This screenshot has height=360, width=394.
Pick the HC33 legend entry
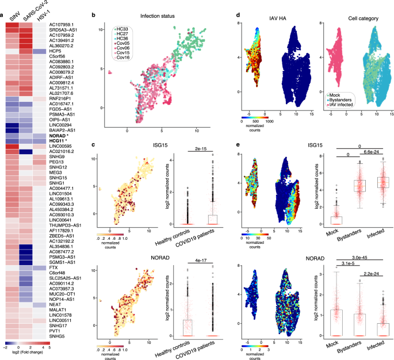(x=123, y=29)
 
